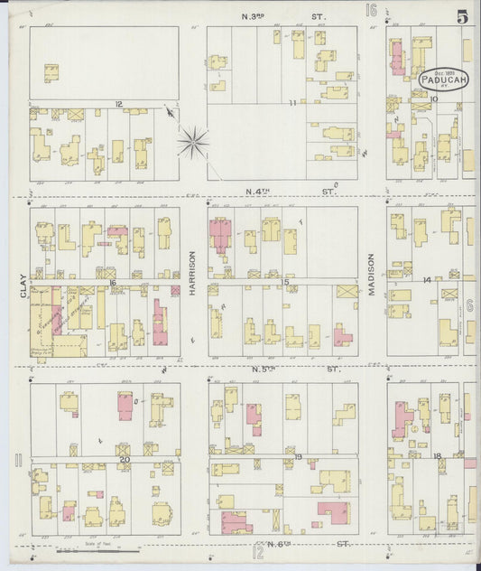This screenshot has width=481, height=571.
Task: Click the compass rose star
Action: click(192, 140)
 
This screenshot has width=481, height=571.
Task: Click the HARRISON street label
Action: click(192, 274)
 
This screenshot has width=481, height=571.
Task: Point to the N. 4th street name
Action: click(285, 192)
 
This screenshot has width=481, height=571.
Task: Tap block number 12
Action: click(118, 104)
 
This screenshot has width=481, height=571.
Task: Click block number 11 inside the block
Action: click(292, 103)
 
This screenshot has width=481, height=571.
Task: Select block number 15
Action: click(285, 282)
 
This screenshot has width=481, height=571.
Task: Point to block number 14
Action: click(426, 280)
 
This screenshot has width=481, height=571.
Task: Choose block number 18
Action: click(436, 456)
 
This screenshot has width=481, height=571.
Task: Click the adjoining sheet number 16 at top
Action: click(370, 11)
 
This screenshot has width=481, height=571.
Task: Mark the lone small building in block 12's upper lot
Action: click(51, 73)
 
